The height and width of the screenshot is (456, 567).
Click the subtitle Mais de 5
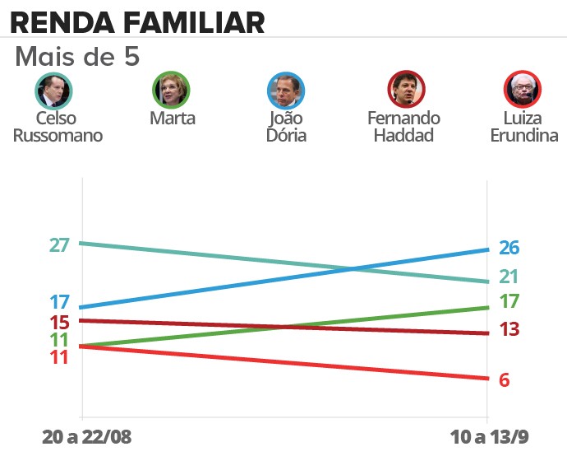click(78, 58)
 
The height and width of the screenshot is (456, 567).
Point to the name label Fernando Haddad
click(403, 127)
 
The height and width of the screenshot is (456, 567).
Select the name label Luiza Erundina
click(523, 127)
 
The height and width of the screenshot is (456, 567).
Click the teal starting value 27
click(58, 244)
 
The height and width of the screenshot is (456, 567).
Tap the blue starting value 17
click(59, 302)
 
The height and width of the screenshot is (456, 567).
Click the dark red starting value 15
click(59, 323)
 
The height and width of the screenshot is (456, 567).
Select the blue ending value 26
click(509, 248)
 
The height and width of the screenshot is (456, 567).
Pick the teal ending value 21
click(509, 277)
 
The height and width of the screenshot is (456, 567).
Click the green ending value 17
click(509, 301)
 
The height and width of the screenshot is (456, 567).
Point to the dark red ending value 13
click(509, 329)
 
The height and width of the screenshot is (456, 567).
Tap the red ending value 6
click(505, 379)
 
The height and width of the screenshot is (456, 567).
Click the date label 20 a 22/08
click(86, 436)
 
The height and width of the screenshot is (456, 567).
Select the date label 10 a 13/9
click(487, 436)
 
